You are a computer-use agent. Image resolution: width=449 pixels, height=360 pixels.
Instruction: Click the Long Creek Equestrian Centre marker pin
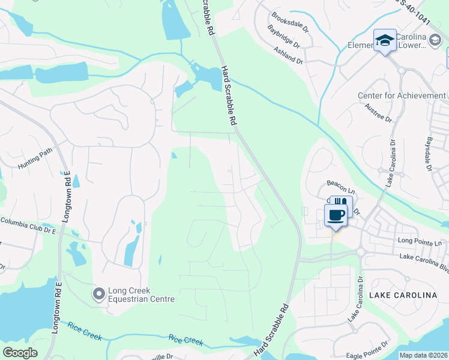(98, 294)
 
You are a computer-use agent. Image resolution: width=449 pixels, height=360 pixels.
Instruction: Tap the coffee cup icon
(336, 215)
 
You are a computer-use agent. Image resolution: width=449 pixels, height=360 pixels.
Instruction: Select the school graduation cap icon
(385, 40)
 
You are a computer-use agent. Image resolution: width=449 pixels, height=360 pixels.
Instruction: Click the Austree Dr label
(377, 117)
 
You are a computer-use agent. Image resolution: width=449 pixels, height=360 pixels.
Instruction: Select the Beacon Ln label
(340, 183)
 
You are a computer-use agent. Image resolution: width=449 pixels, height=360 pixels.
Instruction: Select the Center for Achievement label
(402, 96)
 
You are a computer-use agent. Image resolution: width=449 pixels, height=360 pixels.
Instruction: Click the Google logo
(20, 353)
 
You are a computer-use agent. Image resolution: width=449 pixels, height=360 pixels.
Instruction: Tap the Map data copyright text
(423, 355)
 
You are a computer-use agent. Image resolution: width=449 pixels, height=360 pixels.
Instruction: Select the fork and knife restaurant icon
(341, 203)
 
